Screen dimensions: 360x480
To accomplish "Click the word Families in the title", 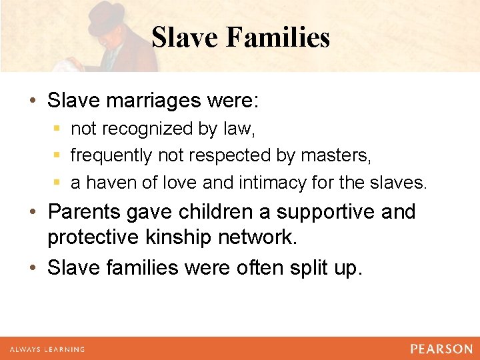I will click(x=277, y=37).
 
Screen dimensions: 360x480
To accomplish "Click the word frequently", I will click(x=111, y=155).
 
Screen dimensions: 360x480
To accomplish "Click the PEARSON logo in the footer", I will click(x=441, y=349).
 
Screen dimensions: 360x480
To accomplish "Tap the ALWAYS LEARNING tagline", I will click(x=47, y=349).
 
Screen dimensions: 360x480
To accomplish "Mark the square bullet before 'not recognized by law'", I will click(x=59, y=127).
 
